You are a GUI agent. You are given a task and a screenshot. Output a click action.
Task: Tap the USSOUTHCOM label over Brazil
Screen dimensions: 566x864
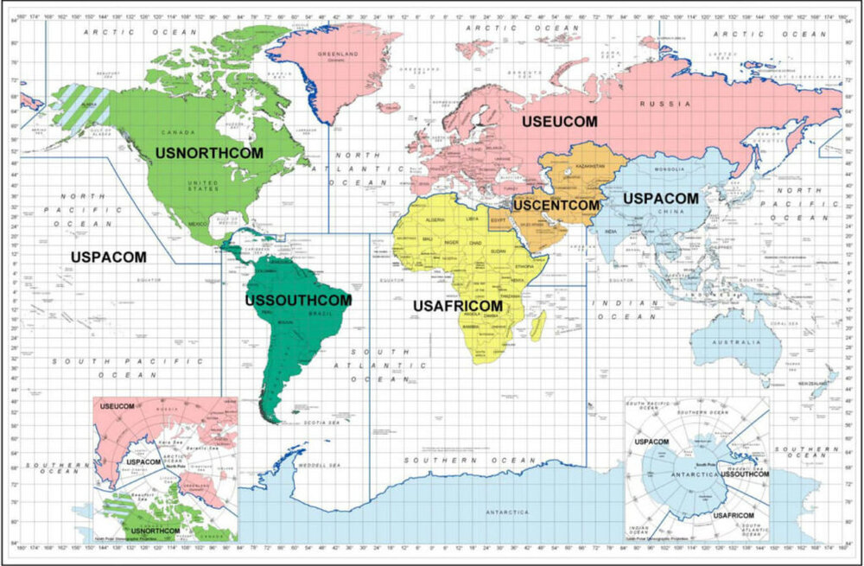(298, 300)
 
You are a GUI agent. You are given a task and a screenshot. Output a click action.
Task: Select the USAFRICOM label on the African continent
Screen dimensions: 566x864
(457, 306)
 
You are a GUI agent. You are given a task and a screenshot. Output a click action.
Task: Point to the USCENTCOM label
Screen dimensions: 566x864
(556, 206)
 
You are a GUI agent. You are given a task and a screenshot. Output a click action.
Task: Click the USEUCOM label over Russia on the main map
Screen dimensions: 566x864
(559, 122)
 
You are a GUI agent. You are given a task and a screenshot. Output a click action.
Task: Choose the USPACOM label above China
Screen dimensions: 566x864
(660, 198)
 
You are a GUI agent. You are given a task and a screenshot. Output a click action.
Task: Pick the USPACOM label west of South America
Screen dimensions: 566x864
(109, 257)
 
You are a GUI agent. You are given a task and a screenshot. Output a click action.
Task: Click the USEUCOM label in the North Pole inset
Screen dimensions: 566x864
(118, 406)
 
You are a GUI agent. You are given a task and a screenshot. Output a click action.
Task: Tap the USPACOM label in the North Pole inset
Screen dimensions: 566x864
(143, 461)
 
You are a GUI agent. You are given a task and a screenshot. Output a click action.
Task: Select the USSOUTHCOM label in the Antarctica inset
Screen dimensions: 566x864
(744, 474)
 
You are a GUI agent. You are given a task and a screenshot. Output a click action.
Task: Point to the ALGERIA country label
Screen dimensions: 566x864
(434, 220)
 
